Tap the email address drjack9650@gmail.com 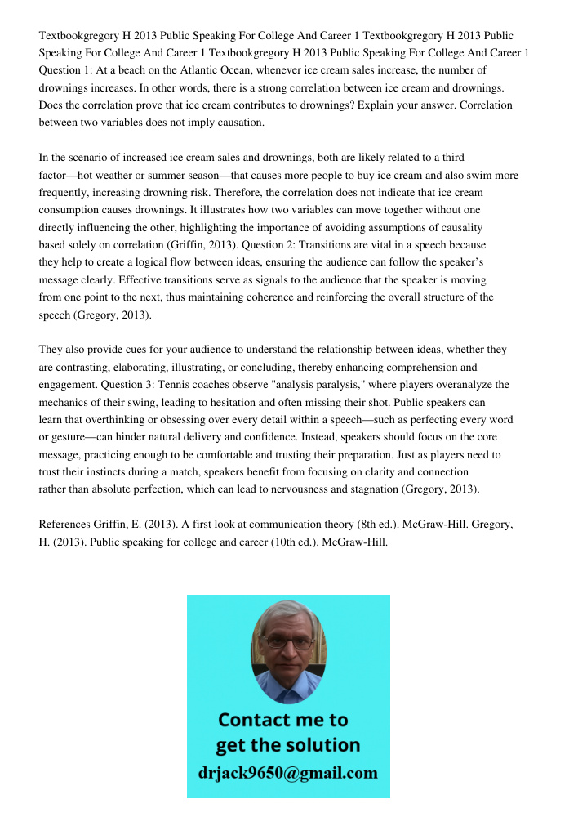click(x=287, y=773)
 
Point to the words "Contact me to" click(x=282, y=720)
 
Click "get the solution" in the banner click(x=287, y=745)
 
